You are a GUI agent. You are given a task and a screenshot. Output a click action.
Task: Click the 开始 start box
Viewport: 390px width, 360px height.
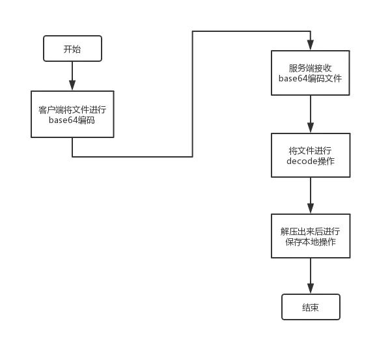pos(72,49)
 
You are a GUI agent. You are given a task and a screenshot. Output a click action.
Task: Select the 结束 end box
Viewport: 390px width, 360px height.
pos(310,307)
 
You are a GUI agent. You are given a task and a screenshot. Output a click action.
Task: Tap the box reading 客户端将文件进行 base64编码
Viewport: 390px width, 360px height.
pos(72,114)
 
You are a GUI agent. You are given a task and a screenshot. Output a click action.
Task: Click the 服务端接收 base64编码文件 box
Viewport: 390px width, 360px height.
pos(310,72)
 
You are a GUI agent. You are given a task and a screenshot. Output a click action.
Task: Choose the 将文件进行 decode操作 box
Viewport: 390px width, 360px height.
pos(310,155)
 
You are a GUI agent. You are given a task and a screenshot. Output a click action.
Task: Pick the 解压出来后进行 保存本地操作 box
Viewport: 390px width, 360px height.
pos(310,236)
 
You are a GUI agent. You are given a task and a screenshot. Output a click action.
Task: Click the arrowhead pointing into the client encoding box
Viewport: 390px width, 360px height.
pos(72,85)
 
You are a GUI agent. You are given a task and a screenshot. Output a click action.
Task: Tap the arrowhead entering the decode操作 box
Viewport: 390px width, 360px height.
pos(310,128)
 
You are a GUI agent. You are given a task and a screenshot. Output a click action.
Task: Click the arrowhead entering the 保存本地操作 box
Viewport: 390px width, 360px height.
pos(310,208)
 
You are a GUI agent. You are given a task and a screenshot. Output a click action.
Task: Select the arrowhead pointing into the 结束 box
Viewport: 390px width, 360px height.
pos(310,288)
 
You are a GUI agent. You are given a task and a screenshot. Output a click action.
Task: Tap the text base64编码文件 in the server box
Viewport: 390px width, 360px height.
pos(310,78)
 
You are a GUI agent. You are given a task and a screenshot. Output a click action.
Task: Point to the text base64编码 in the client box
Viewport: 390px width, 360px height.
pos(72,120)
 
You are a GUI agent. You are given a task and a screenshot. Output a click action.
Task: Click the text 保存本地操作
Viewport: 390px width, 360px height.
pos(310,242)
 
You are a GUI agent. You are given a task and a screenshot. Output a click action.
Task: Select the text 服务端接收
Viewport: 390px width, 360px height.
pos(310,67)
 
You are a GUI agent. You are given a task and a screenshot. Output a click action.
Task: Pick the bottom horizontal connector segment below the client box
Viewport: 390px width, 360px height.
pos(132,156)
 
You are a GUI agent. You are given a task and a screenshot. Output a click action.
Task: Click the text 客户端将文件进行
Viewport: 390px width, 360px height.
pos(72,109)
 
